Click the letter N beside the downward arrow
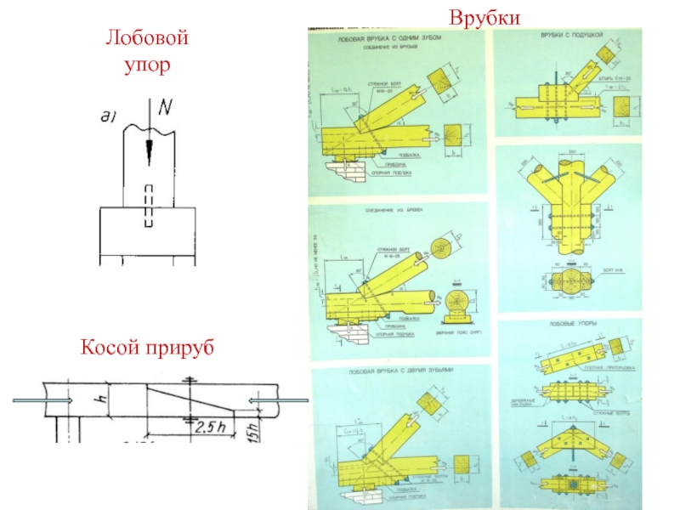[165, 109]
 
